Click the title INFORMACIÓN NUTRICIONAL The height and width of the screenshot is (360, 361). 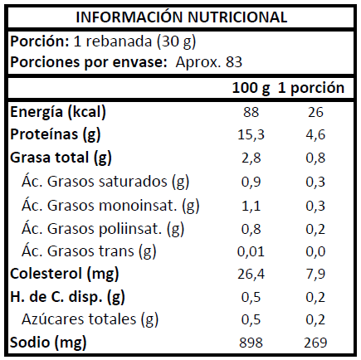pos(182,17)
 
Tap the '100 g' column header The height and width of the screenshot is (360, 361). pos(251,88)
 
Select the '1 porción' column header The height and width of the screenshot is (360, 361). pos(311,88)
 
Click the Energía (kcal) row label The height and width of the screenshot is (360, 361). pos(58,113)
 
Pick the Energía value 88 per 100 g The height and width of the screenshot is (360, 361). pos(251,112)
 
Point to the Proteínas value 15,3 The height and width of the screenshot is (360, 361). pos(251,135)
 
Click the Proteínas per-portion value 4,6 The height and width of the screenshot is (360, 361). pos(315,135)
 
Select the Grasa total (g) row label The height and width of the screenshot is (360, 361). pos(61,158)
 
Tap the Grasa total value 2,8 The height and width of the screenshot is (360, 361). pos(251,158)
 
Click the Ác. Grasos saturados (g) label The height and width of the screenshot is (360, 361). pos(105,182)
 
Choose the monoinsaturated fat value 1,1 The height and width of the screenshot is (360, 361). pos(251,206)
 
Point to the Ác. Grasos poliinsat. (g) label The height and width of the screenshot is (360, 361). pos(103,229)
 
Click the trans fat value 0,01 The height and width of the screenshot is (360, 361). pos(251,251)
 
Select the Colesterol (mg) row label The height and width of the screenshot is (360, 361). pos(65,274)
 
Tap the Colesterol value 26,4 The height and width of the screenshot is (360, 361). pos(251,275)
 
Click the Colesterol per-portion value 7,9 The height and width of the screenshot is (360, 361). pos(315,275)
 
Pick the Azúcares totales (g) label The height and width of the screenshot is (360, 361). pos(90,319)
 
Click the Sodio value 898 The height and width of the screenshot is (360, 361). pos(251,343)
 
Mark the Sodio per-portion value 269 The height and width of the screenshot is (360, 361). pos(315,343)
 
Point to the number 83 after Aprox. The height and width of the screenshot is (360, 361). pos(234,62)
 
